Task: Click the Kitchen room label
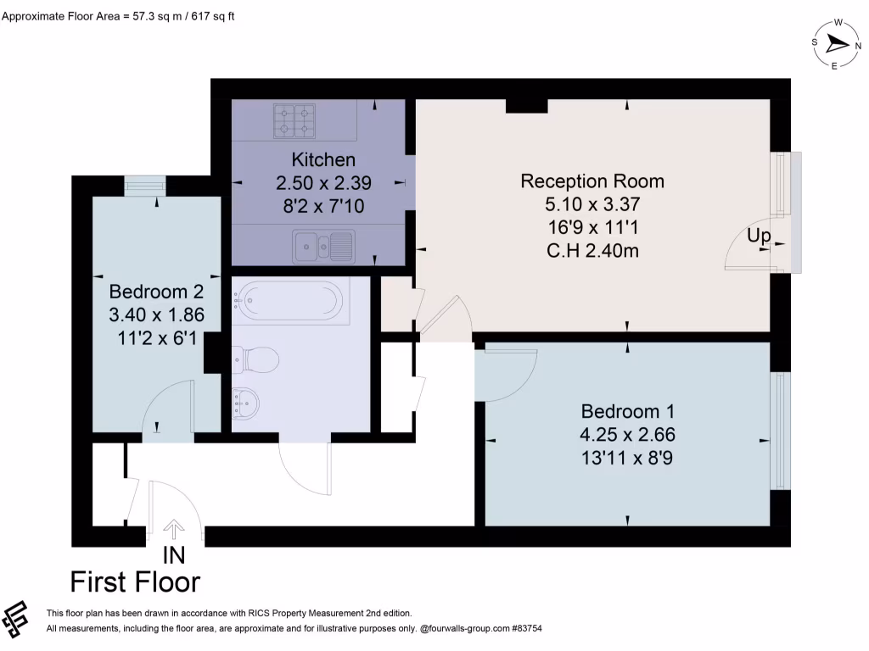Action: [x=323, y=159]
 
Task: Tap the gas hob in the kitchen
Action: [x=294, y=121]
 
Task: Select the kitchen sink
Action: [x=323, y=245]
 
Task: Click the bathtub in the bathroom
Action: [x=291, y=301]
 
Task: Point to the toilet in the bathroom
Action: [x=255, y=360]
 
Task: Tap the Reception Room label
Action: [x=592, y=181]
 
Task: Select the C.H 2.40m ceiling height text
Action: [x=592, y=251]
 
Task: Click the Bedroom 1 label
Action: [x=627, y=411]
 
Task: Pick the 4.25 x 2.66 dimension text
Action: [x=627, y=435]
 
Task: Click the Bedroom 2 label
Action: [x=156, y=292]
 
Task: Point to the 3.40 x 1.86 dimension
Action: [x=156, y=314]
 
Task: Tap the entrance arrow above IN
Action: [x=174, y=530]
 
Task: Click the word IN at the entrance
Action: [x=174, y=555]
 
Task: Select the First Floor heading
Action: [x=135, y=582]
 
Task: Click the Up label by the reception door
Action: [x=759, y=236]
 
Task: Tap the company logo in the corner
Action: [x=15, y=619]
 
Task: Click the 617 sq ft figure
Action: [x=213, y=16]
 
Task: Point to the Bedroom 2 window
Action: [x=145, y=186]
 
